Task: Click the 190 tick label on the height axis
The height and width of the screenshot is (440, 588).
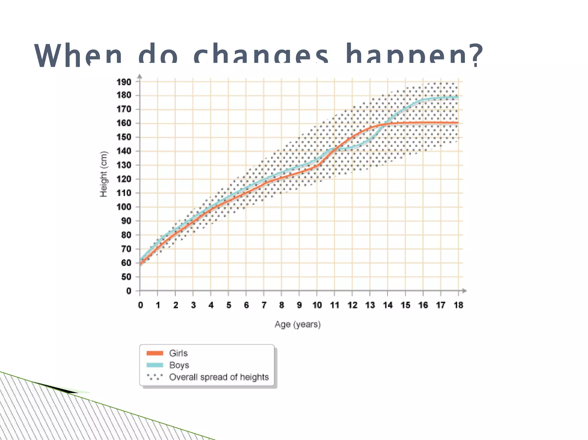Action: (x=124, y=82)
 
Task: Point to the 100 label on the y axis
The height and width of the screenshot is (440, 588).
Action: (x=124, y=207)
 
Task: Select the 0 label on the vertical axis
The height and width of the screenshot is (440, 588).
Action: (x=129, y=291)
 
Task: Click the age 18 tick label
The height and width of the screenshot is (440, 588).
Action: (x=458, y=305)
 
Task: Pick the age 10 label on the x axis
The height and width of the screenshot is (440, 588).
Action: (x=317, y=305)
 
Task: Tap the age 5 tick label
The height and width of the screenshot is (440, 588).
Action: (x=229, y=305)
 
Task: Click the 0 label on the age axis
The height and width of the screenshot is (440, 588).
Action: (x=140, y=305)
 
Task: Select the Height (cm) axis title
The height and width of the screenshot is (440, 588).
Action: (x=103, y=174)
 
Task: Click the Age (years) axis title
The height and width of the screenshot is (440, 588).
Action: (x=297, y=324)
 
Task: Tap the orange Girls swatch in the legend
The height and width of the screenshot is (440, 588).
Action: (x=155, y=353)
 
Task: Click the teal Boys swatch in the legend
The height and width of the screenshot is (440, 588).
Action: (x=155, y=365)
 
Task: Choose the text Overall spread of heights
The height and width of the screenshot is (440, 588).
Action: (x=219, y=377)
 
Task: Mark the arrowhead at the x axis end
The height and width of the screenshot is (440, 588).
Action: (x=464, y=291)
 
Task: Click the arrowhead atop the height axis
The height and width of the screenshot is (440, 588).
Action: (x=140, y=76)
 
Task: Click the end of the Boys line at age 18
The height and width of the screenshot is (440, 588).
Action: (x=458, y=97)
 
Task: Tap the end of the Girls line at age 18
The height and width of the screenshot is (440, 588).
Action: (x=458, y=123)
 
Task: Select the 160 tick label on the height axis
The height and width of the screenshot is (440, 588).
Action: (x=124, y=123)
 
